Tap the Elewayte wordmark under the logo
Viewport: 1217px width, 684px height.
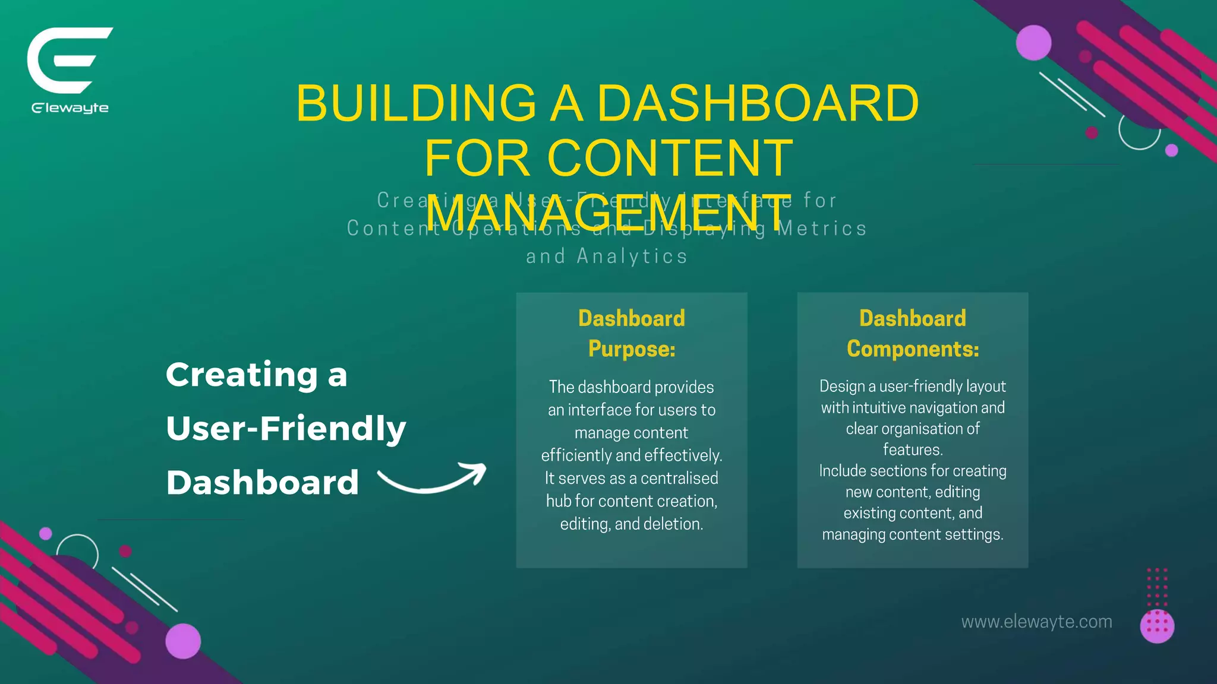(70, 108)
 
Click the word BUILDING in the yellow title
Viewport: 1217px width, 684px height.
(416, 103)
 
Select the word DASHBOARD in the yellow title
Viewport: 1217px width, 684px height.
(758, 103)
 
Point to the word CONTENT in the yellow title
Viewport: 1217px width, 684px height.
(670, 158)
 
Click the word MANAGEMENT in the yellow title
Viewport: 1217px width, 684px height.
(608, 212)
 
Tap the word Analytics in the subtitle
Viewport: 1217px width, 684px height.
(632, 256)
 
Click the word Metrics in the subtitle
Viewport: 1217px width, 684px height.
(822, 229)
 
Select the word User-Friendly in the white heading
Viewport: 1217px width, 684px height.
(286, 429)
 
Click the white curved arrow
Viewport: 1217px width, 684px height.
(433, 480)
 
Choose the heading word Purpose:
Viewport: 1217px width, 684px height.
(632, 349)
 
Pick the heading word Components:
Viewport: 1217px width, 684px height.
(913, 349)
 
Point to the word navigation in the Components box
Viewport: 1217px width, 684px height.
(939, 408)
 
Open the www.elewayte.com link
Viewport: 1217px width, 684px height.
(1036, 622)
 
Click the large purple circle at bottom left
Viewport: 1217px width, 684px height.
(183, 641)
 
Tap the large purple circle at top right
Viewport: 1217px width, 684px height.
(1033, 43)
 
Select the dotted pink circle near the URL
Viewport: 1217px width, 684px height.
(1157, 626)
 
